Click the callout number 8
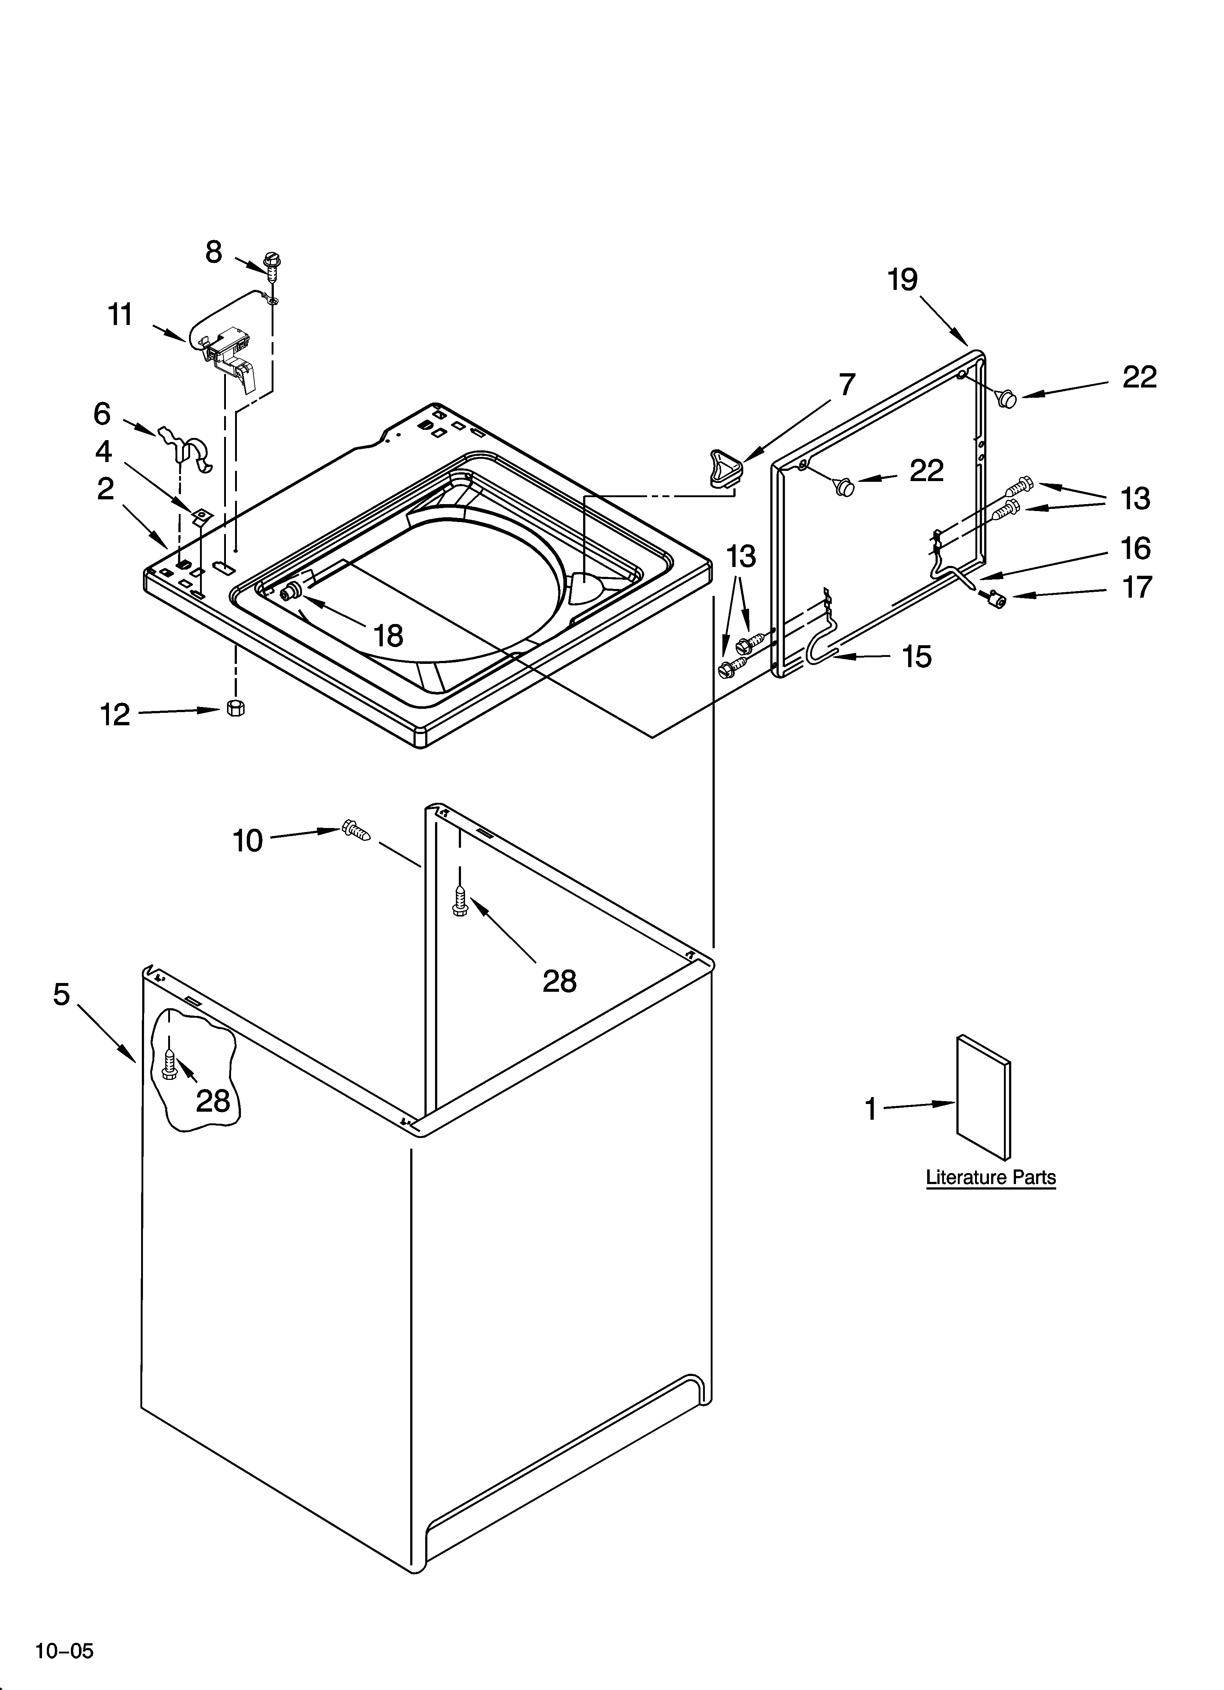(214, 253)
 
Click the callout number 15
(917, 657)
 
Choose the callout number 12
(116, 715)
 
